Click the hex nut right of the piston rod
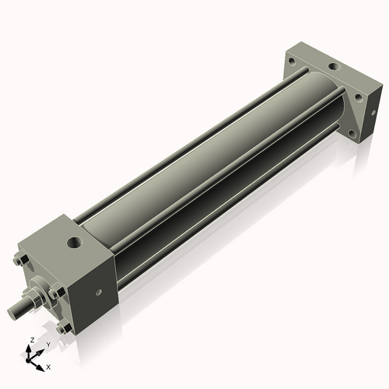pyautogui.click(x=57, y=294)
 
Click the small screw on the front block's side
pyautogui.click(x=99, y=293)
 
